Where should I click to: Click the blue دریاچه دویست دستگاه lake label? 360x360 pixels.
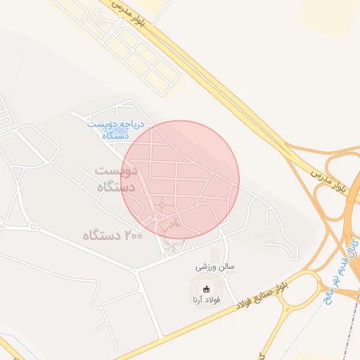tap(115, 129)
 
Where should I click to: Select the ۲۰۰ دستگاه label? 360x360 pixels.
tap(112, 234)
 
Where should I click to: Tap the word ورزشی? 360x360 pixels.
tap(206, 268)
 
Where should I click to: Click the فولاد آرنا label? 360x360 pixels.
tap(207, 300)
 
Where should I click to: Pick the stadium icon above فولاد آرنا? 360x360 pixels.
tap(207, 288)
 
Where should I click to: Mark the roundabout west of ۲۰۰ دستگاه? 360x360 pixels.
tap(32, 226)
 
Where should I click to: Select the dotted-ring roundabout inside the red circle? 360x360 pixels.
tap(162, 205)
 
